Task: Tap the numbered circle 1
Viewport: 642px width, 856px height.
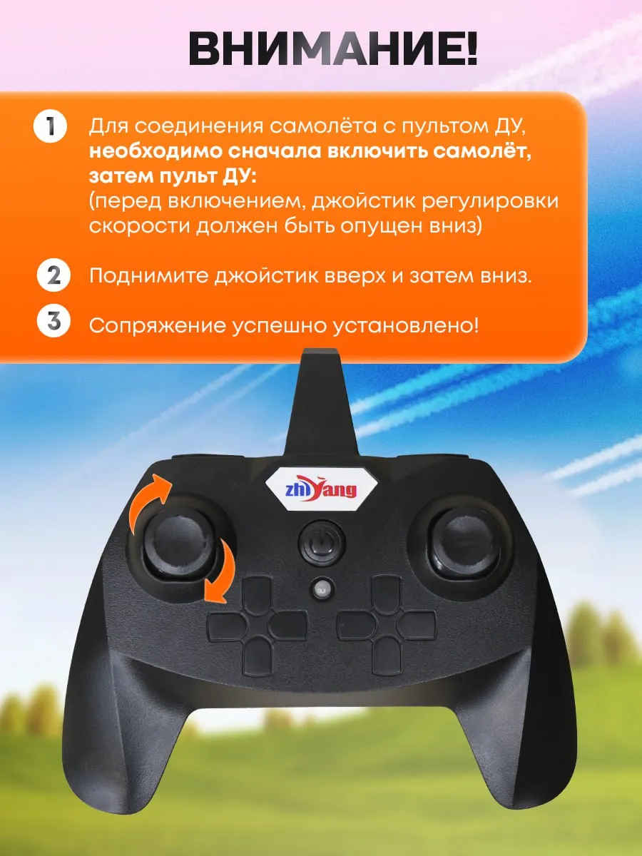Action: point(50,126)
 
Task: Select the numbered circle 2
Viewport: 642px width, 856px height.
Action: point(53,275)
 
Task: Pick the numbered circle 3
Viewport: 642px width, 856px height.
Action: point(53,322)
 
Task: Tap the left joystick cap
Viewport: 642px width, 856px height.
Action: point(179,544)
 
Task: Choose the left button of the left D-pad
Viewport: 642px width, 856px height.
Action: point(226,626)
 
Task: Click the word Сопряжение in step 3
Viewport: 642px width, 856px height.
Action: point(158,325)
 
